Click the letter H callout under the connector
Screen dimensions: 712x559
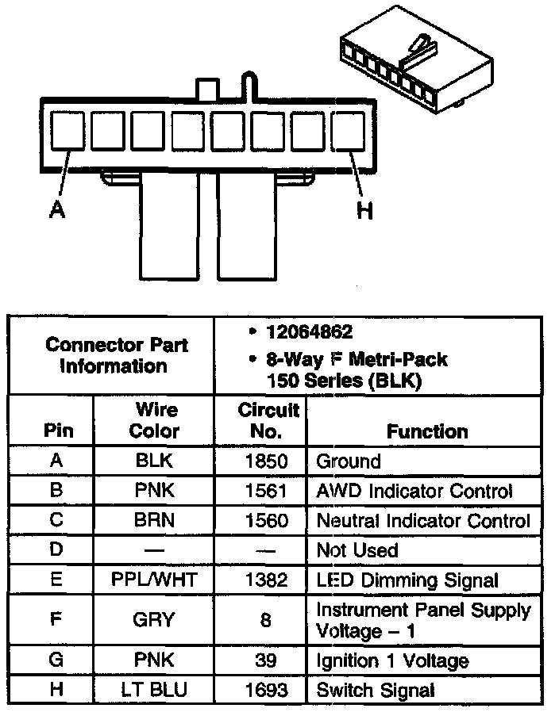pyautogui.click(x=364, y=210)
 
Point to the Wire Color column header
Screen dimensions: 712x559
pyautogui.click(x=155, y=421)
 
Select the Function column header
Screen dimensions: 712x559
pyautogui.click(x=427, y=431)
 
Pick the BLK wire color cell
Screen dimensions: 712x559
pyautogui.click(x=154, y=461)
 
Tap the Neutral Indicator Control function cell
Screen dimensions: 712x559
pyautogui.click(x=423, y=521)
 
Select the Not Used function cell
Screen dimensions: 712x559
pyautogui.click(x=357, y=550)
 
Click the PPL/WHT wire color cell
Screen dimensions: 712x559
pyautogui.click(x=154, y=580)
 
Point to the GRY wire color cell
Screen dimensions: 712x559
pyautogui.click(x=154, y=620)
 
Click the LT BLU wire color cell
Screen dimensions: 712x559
pyautogui.click(x=154, y=690)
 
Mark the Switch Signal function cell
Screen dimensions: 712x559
pyautogui.click(x=376, y=690)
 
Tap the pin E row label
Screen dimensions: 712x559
pyautogui.click(x=56, y=580)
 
